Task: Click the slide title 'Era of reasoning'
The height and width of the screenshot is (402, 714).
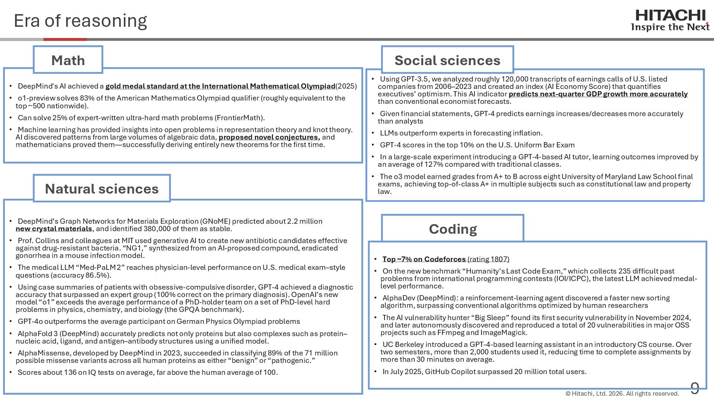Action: tap(80, 21)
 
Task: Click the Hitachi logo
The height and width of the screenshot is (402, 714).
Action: tap(670, 20)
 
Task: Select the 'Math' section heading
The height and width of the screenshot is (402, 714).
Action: tap(68, 60)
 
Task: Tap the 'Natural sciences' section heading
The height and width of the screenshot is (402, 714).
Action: tap(102, 189)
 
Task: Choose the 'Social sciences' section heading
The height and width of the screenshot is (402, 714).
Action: tap(447, 60)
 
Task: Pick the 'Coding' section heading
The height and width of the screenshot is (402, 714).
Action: tap(453, 229)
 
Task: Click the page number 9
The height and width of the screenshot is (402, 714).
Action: tap(695, 388)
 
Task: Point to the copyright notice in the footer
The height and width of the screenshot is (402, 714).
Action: tap(622, 393)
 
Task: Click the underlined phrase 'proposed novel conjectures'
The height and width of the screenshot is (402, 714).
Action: tap(269, 137)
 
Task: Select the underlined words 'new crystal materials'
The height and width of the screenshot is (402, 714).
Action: tap(54, 229)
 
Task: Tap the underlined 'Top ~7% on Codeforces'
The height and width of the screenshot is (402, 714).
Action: tap(424, 259)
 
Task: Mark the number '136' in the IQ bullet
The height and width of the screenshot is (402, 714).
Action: tap(70, 373)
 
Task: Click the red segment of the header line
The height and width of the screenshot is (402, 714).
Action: tap(65, 39)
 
